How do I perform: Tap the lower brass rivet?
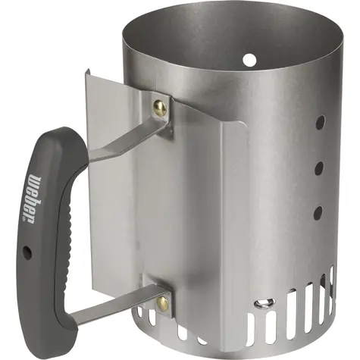(162, 302)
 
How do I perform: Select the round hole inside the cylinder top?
(249, 59)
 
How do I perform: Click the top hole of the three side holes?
(320, 123)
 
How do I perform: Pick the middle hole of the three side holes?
(319, 168)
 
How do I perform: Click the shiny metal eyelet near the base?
(265, 303)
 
